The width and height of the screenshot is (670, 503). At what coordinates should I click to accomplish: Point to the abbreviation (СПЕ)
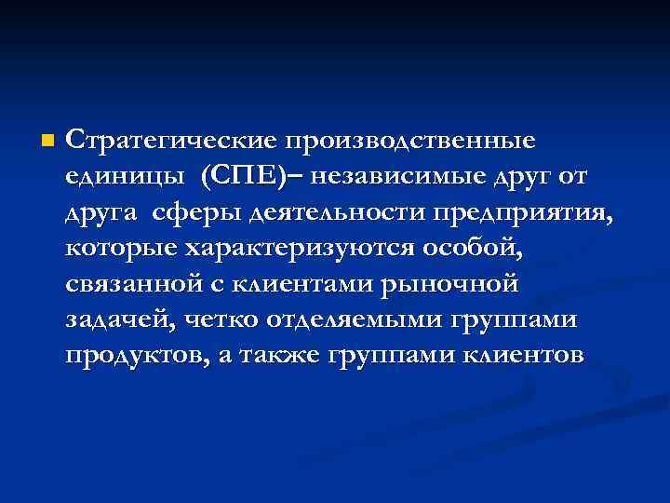coord(245,176)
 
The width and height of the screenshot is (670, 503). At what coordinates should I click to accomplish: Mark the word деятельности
coord(338,212)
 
